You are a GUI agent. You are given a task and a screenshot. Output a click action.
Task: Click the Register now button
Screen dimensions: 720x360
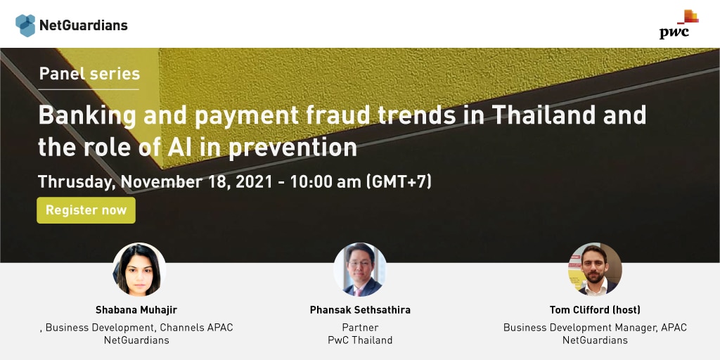click(x=86, y=210)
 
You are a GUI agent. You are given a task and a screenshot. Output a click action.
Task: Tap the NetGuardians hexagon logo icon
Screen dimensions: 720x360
click(x=25, y=25)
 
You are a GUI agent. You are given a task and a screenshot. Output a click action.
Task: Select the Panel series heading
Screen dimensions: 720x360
click(x=89, y=73)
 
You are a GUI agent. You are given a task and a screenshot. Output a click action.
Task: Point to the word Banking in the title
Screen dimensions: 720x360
click(x=87, y=116)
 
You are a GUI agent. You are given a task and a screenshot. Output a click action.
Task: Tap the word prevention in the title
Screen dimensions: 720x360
click(x=292, y=148)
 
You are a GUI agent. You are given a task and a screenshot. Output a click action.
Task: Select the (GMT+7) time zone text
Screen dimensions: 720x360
click(x=399, y=182)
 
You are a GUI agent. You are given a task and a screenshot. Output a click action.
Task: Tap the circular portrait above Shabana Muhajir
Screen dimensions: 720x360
click(x=139, y=269)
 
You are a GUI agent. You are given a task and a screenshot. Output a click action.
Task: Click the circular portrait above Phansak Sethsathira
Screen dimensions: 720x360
click(x=360, y=269)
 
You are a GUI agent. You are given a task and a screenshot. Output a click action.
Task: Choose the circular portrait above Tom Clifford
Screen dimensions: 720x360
click(x=595, y=269)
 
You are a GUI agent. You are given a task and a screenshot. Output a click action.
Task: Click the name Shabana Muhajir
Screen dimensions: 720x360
click(x=136, y=310)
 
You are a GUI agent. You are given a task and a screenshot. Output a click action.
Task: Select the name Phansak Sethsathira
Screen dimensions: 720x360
click(x=360, y=310)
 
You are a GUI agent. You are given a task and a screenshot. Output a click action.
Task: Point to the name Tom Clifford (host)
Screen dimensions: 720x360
click(x=595, y=310)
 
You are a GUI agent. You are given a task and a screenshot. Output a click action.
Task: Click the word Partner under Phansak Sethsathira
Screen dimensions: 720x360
click(x=360, y=328)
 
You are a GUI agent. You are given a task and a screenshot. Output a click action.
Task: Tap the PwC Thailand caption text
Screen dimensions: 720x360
click(x=360, y=340)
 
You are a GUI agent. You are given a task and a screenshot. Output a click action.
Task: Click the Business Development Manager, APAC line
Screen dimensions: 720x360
click(x=595, y=328)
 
